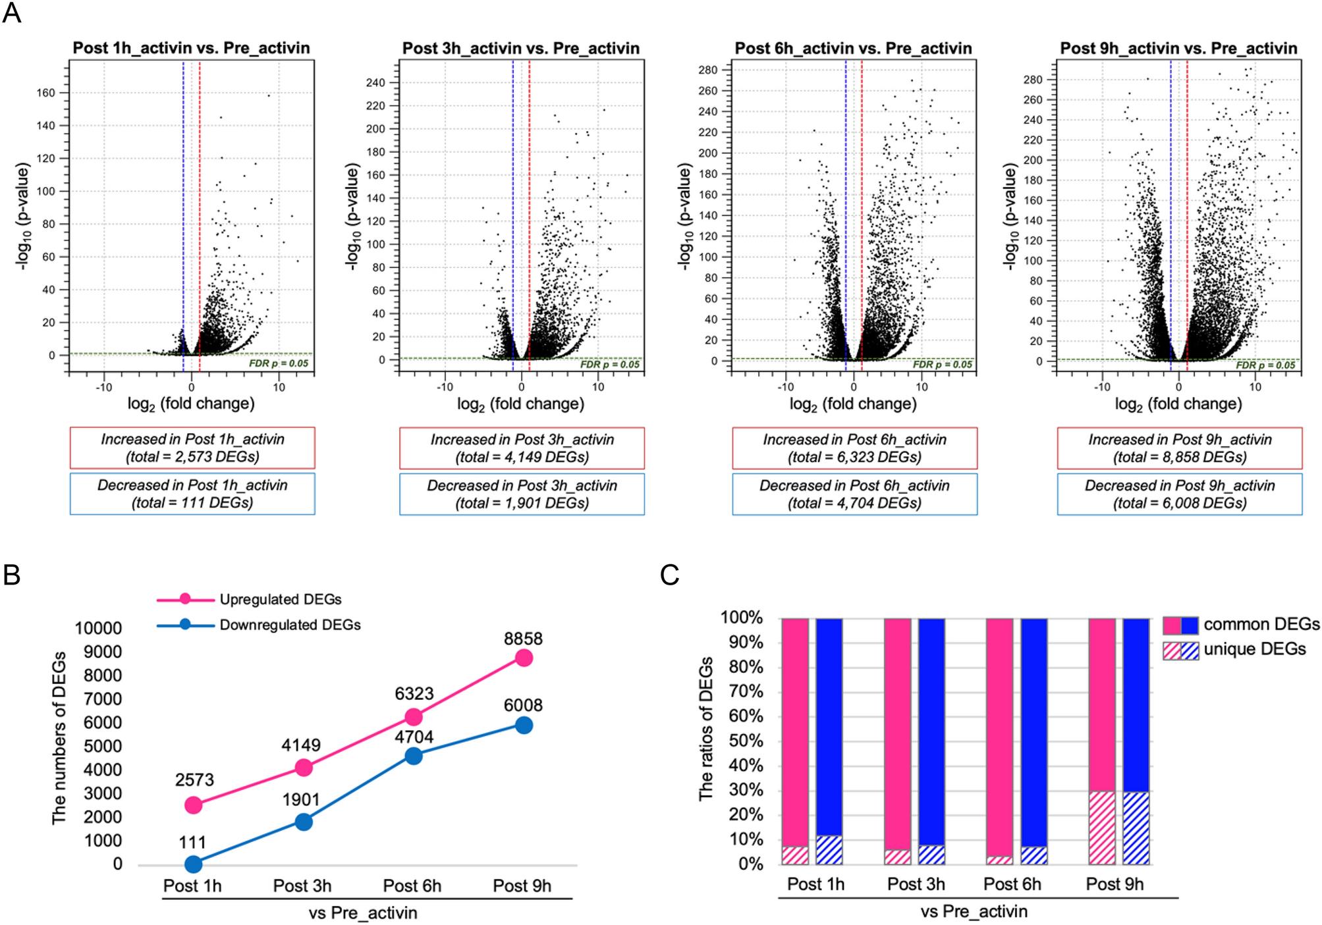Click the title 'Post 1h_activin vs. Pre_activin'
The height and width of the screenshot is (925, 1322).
pos(191,48)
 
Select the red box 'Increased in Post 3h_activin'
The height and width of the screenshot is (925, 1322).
pos(522,448)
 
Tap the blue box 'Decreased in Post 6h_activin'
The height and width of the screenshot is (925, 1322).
pos(854,494)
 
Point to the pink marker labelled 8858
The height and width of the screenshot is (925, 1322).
pos(524,658)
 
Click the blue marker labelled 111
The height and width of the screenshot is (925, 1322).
pos(193,864)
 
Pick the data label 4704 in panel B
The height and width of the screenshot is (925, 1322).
pos(414,737)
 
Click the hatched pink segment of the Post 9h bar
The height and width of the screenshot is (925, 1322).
pos(1102,828)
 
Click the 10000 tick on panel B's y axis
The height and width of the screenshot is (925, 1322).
pos(98,628)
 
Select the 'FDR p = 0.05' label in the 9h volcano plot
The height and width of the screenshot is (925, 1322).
pos(1265,365)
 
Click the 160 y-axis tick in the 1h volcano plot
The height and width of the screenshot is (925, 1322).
pos(45,93)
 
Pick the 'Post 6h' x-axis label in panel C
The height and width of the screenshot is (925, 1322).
pos(1012,884)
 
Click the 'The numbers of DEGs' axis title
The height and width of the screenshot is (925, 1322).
pos(59,737)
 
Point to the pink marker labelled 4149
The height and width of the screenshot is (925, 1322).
pos(304,767)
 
